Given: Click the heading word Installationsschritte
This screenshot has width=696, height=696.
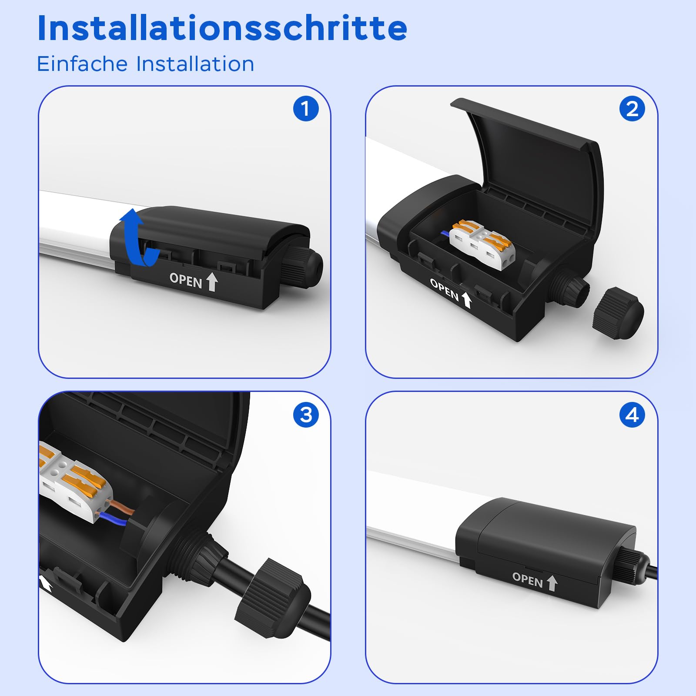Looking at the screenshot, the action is [x=222, y=28].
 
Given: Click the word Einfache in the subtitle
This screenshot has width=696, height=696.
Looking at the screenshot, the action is [x=82, y=64].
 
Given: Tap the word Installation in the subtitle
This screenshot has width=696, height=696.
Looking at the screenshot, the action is [x=195, y=64].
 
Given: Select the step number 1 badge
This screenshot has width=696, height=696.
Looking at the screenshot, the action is [x=306, y=109].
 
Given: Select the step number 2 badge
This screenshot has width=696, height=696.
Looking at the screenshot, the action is [x=632, y=109].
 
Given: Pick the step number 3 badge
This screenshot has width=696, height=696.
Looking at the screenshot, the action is [x=306, y=415].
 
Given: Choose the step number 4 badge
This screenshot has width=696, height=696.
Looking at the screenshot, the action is [x=632, y=415].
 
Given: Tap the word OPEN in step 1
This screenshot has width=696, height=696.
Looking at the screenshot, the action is [x=186, y=281].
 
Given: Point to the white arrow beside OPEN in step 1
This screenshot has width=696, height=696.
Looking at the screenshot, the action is [x=212, y=282].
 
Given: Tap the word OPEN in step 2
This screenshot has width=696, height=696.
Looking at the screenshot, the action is [x=444, y=289].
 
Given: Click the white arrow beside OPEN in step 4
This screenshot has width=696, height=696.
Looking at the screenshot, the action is [x=552, y=583].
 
